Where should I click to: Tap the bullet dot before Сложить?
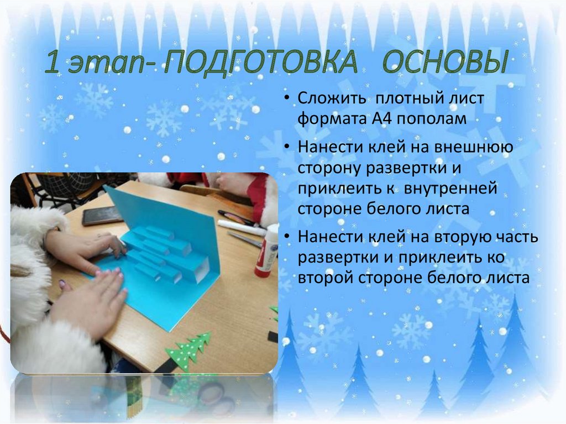point(289,100)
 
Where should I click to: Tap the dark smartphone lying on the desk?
point(102,215)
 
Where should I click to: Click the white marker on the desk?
point(241,227)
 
